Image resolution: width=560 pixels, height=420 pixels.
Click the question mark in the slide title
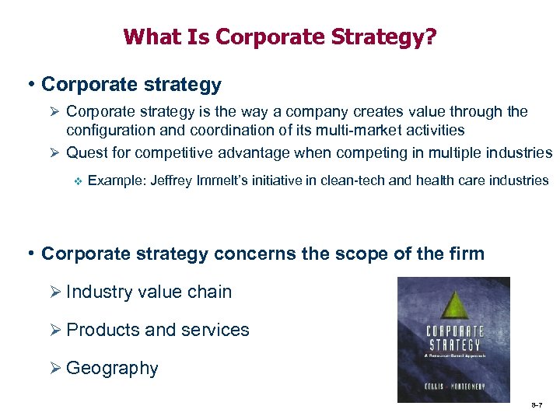pyautogui.click(x=430, y=37)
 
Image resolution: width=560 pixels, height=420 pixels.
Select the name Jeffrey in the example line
pyautogui.click(x=171, y=180)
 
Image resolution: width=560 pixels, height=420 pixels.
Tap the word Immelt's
pyautogui.click(x=220, y=180)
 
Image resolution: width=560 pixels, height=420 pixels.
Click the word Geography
pyautogui.click(x=112, y=368)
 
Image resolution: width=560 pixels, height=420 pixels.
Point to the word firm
pyautogui.click(x=467, y=254)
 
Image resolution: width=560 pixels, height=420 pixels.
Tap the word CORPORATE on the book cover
pyautogui.click(x=454, y=331)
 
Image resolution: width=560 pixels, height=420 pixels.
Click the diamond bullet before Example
pyautogui.click(x=76, y=181)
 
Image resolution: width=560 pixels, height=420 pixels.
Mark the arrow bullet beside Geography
pyautogui.click(x=56, y=368)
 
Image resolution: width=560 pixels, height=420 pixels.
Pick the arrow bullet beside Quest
pyautogui.click(x=56, y=152)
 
